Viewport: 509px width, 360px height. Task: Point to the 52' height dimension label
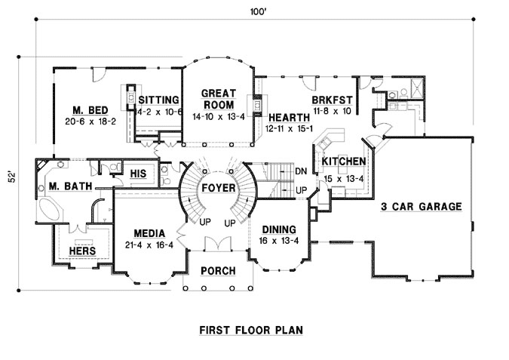point(10,178)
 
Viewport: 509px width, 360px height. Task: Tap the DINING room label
point(279,229)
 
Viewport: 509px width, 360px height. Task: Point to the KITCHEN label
point(344,162)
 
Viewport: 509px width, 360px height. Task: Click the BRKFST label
point(330,99)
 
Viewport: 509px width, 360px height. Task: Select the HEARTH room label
point(289,117)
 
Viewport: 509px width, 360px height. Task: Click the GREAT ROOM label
point(219,99)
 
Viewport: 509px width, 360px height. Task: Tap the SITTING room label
point(158,100)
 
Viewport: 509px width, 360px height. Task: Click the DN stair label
point(301,171)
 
